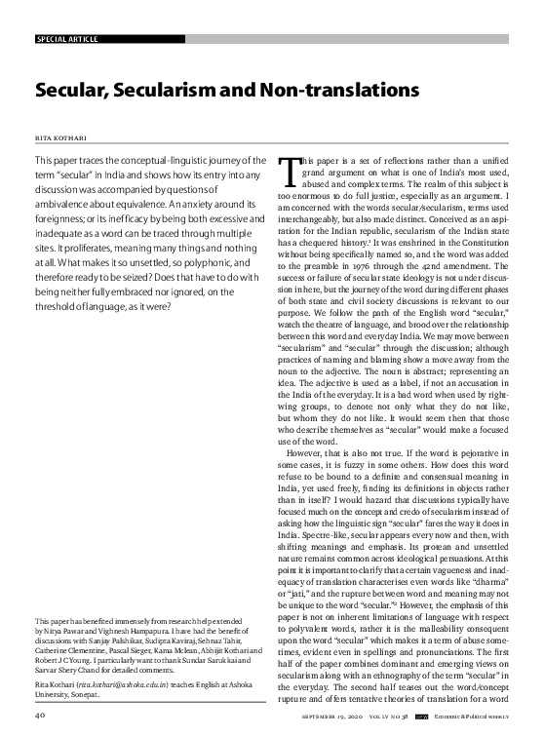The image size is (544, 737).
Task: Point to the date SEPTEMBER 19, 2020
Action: point(336,717)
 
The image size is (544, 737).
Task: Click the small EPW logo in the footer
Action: point(421,717)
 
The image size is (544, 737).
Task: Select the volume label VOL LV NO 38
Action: point(385,717)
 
